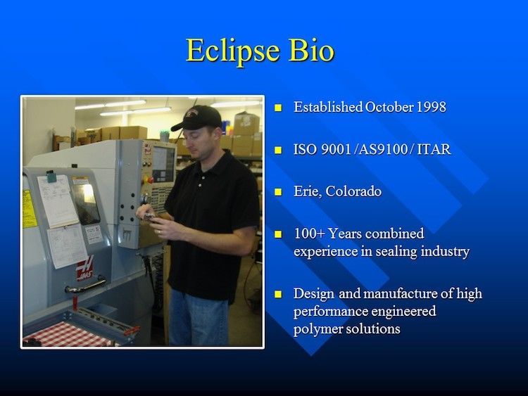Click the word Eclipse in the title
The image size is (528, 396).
(x=233, y=51)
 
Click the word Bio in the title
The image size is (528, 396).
(x=311, y=50)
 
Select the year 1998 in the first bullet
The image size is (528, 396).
(x=432, y=107)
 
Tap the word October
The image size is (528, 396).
(x=389, y=107)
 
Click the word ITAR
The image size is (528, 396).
(x=434, y=149)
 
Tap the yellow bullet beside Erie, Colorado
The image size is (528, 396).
(x=278, y=192)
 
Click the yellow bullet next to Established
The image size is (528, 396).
(x=278, y=108)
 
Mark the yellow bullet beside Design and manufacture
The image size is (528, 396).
(x=278, y=295)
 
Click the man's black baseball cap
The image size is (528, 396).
(x=197, y=117)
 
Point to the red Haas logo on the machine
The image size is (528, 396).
(x=85, y=268)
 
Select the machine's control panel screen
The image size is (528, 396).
(x=163, y=164)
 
